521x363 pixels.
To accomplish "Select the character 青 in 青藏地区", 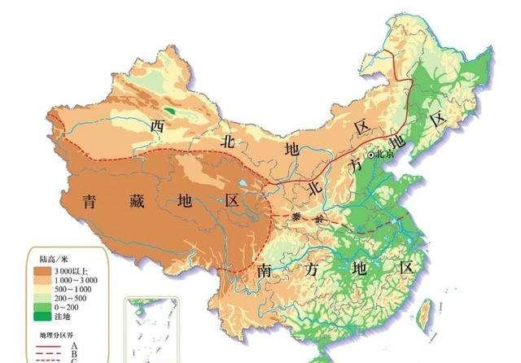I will click(x=91, y=201).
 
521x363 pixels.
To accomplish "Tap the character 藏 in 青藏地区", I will click(x=136, y=201).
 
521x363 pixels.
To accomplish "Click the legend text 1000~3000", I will click(x=79, y=278).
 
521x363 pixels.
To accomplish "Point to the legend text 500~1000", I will click(x=77, y=289).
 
